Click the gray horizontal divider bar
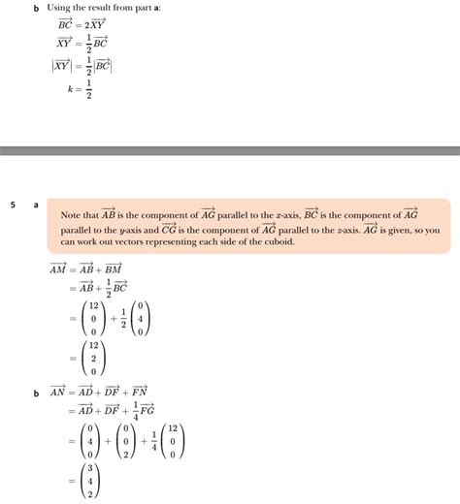coord(230,150)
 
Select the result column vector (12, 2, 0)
coord(92,357)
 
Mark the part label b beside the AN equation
coord(36,394)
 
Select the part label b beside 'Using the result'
coord(35,9)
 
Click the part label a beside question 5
coord(36,205)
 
